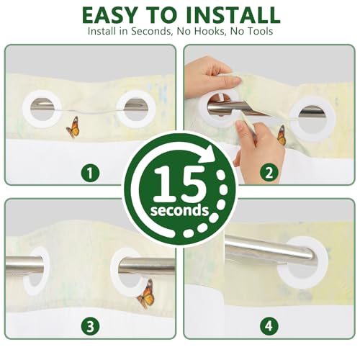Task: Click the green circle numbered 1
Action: point(90,173)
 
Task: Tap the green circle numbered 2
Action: point(269,173)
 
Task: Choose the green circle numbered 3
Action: point(90,326)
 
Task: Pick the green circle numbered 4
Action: point(269,326)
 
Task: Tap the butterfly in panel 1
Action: point(73,127)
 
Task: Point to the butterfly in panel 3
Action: point(145,294)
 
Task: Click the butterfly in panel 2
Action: point(281,135)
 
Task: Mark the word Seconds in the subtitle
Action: point(152,31)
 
